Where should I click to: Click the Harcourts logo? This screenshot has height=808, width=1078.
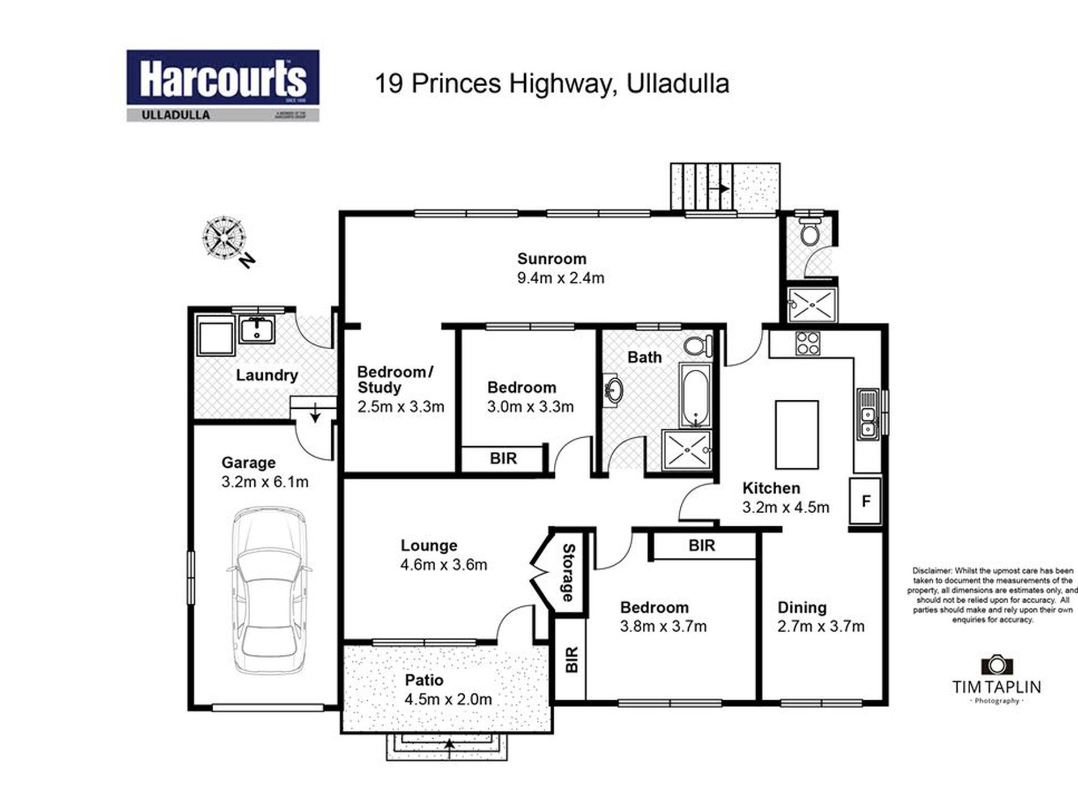[222, 85]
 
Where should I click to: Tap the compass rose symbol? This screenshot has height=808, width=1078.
[224, 239]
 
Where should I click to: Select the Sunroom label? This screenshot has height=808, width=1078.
[551, 259]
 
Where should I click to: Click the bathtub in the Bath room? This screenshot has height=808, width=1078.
[694, 395]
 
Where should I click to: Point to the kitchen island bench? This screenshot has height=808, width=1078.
[797, 434]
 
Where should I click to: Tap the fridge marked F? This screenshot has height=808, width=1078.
[865, 501]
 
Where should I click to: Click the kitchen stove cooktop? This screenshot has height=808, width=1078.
[807, 342]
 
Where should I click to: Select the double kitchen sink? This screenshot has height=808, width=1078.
[867, 414]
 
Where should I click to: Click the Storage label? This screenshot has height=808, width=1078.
[568, 573]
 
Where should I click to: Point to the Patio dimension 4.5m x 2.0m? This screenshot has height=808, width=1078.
[448, 699]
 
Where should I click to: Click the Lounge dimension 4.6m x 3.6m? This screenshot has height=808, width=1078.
[444, 565]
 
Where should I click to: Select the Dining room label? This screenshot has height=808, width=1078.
[802, 607]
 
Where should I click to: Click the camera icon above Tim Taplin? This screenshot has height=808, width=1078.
[997, 665]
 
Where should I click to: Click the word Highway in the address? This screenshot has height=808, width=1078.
[562, 84]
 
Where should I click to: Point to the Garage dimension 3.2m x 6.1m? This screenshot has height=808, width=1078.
[265, 482]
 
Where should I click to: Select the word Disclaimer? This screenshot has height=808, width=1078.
[933, 570]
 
